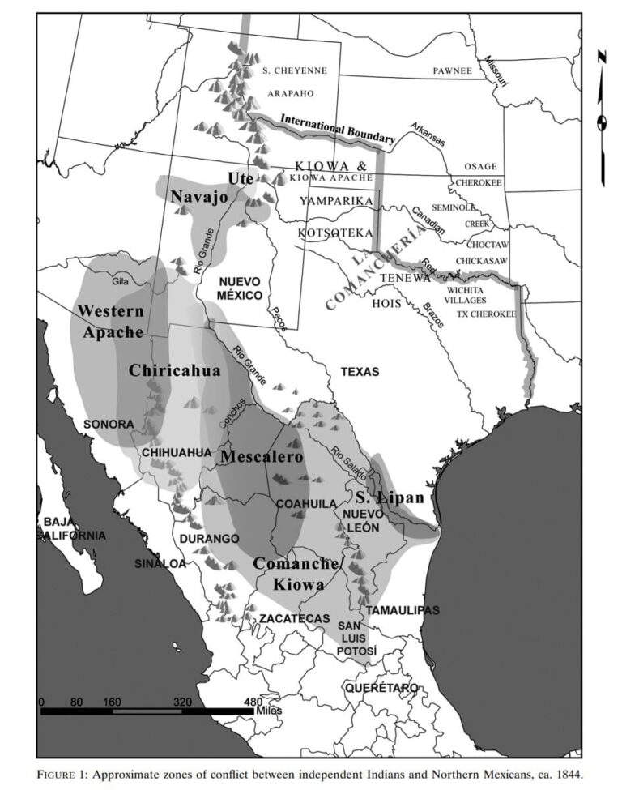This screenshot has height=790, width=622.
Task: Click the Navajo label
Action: tap(198, 197)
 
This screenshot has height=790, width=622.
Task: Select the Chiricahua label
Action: tap(174, 370)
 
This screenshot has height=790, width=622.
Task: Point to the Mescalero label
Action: tap(262, 457)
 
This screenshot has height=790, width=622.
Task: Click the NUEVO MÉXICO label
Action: tap(240, 288)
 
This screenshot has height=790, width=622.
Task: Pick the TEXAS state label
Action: tap(360, 372)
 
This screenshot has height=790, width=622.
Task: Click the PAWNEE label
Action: tap(452, 71)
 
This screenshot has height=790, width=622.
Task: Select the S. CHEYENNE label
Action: tap(295, 70)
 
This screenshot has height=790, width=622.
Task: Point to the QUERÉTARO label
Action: tap(381, 688)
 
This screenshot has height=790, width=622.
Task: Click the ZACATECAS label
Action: tap(294, 619)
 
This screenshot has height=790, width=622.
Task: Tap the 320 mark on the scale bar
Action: tap(182, 702)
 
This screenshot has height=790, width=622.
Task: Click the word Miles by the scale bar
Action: tap(269, 711)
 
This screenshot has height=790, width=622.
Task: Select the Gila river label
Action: tap(121, 281)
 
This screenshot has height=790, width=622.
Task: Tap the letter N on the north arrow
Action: tap(602, 56)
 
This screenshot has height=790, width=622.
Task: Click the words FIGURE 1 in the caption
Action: tap(63, 774)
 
